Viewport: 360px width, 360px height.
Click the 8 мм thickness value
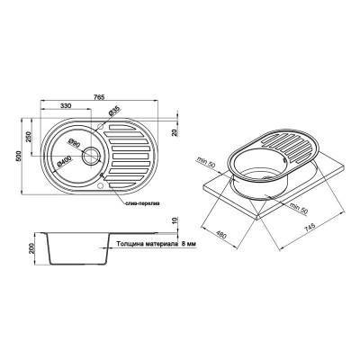(184, 243)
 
